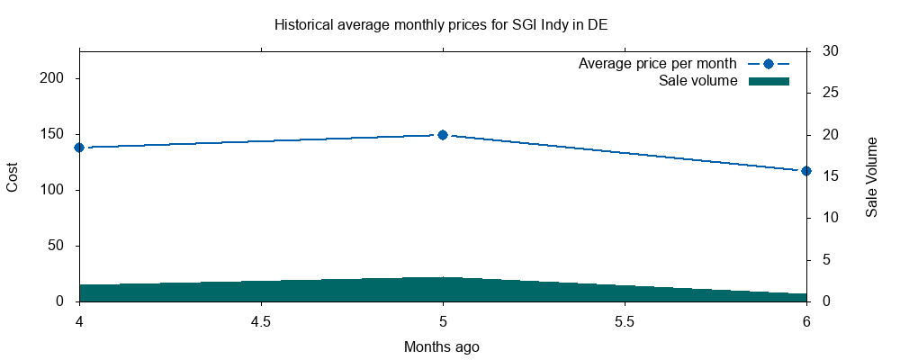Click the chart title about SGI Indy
click(440, 24)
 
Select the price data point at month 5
click(443, 135)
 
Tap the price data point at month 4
click(79, 148)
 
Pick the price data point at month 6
click(806, 171)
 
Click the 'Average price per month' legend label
click(658, 64)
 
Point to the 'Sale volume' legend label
click(698, 81)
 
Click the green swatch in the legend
click(769, 81)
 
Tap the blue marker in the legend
click(769, 64)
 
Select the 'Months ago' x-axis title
click(442, 346)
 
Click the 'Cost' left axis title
click(13, 176)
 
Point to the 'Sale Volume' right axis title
click(872, 176)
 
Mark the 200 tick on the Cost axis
click(57, 78)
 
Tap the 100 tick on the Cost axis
click(57, 190)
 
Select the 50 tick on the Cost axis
click(60, 246)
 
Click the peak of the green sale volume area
click(443, 278)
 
